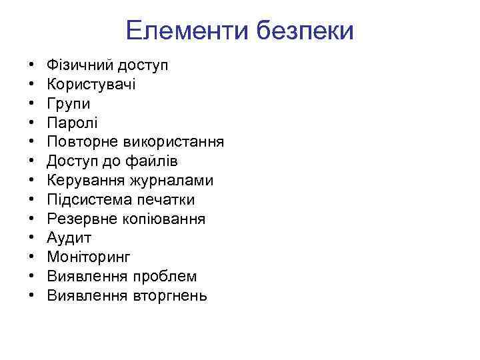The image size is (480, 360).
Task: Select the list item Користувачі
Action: point(91,85)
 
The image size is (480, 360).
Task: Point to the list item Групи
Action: point(69,104)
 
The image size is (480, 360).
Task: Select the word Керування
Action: point(84,181)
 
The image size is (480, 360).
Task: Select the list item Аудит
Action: point(69,238)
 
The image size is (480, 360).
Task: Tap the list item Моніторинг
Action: point(89,257)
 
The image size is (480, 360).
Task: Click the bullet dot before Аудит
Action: point(31,239)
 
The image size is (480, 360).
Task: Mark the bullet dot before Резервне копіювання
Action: point(31,219)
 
